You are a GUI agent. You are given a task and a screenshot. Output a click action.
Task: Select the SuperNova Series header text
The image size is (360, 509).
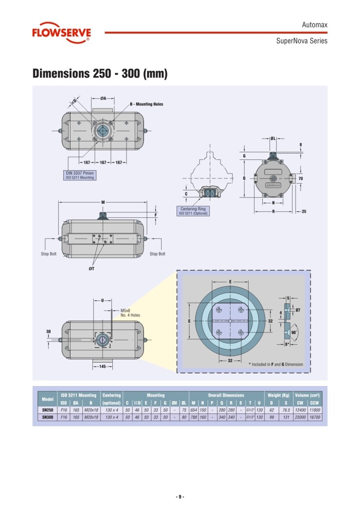point(302,41)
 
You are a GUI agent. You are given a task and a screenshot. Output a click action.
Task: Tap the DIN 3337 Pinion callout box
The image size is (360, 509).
point(80,175)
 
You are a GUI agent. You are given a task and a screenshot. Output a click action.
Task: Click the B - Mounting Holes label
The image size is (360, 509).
point(146,104)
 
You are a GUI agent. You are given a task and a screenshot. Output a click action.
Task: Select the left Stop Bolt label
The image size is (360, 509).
point(49,254)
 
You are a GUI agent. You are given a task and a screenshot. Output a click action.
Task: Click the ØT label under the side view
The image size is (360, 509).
point(91,269)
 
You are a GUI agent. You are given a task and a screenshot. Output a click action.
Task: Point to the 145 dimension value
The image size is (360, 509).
point(103,366)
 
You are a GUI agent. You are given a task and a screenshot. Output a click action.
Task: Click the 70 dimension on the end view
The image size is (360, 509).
point(301,179)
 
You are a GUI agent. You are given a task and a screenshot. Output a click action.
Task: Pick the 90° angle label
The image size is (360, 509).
point(294,333)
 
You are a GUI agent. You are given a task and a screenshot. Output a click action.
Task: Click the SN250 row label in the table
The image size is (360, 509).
point(47,410)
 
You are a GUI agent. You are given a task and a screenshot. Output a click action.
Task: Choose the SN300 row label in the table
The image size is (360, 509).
point(47,417)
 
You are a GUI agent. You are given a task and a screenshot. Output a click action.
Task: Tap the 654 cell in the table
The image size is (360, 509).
point(194,410)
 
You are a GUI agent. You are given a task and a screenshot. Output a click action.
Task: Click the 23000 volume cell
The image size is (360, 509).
point(300,417)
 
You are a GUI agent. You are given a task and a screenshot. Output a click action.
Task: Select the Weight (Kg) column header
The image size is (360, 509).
point(278,395)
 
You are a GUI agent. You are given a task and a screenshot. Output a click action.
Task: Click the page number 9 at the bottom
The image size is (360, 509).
point(180,497)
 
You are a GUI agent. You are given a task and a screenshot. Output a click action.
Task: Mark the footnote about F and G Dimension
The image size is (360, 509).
point(276,364)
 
